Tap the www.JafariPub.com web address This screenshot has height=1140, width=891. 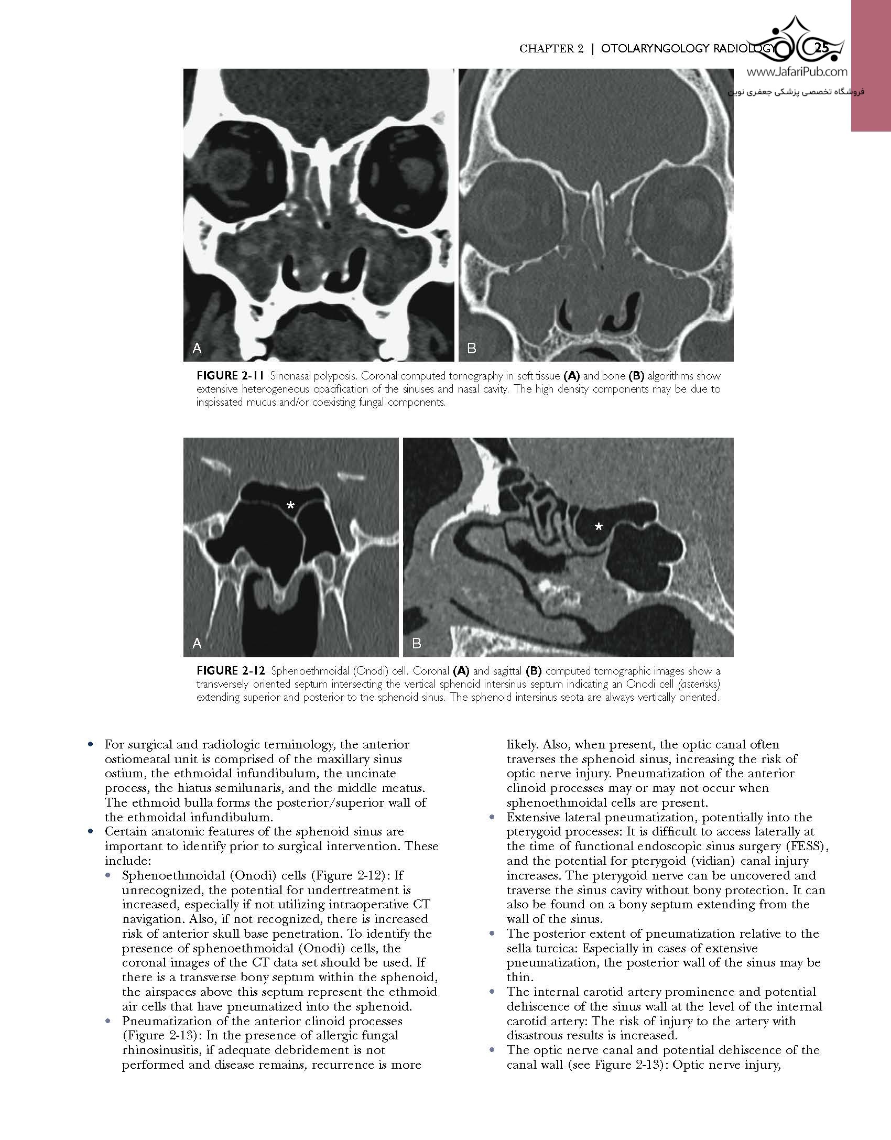[797, 73]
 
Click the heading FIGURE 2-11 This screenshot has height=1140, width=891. [224, 376]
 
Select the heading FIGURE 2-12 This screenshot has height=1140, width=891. [225, 671]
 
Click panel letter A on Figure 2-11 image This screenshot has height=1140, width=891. [197, 348]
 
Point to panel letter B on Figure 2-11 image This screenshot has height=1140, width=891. [471, 348]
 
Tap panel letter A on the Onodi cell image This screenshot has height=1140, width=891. [197, 643]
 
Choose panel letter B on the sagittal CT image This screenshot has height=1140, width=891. [417, 643]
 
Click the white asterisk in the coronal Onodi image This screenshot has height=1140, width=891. [290, 506]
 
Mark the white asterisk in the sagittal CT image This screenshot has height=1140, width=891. [599, 528]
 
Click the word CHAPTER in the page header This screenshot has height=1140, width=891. [545, 49]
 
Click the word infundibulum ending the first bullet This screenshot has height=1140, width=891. [241, 817]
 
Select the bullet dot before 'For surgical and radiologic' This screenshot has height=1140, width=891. [91, 744]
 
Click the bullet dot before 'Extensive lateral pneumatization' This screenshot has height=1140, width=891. [492, 817]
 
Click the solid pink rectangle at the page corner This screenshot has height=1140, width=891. [871, 66]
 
